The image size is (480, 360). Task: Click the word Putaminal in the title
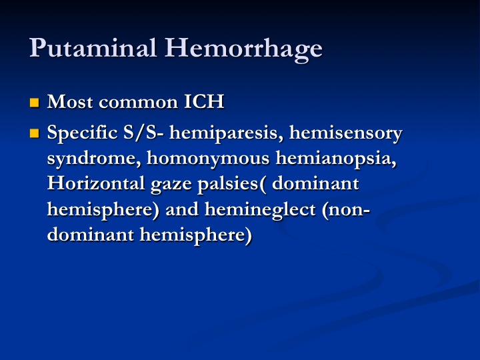(93, 48)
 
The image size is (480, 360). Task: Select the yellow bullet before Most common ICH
(34, 103)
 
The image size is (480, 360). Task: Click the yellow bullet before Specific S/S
(34, 133)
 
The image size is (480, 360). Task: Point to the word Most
(70, 101)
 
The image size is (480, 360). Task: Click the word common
(138, 103)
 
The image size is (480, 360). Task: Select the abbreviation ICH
(204, 101)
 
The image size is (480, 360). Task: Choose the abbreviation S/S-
(143, 133)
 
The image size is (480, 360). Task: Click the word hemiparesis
(226, 134)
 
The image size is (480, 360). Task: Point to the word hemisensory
(345, 134)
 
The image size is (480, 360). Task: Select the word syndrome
(94, 159)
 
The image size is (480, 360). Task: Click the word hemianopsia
(336, 159)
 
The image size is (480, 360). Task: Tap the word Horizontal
(96, 183)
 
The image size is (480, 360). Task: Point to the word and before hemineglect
(182, 209)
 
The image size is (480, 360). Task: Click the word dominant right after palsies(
(315, 184)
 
